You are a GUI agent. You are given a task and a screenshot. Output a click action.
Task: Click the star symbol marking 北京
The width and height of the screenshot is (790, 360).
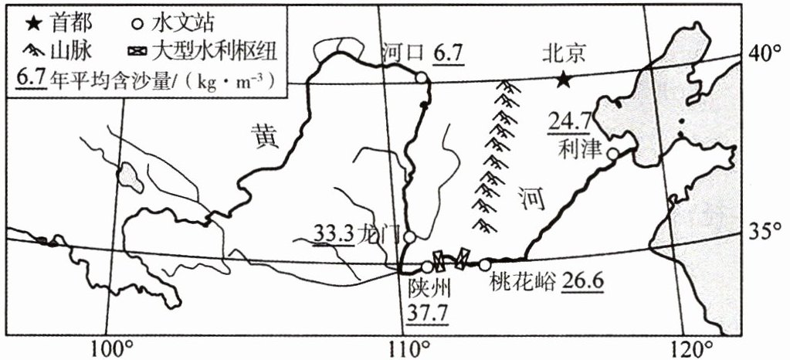click(x=565, y=79)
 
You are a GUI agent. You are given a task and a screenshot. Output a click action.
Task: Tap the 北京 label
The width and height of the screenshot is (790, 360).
click(x=565, y=53)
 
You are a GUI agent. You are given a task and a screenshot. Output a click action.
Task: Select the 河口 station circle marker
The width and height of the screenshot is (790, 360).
click(x=421, y=77)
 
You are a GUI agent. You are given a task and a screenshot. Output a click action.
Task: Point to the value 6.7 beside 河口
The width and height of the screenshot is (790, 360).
click(x=447, y=53)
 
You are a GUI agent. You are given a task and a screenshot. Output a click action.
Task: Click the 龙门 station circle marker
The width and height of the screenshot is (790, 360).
click(x=410, y=236)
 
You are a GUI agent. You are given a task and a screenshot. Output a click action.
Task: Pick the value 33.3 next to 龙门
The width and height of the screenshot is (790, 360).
click(x=332, y=233)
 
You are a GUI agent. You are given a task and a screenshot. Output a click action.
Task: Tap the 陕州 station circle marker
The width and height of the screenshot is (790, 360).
click(x=427, y=267)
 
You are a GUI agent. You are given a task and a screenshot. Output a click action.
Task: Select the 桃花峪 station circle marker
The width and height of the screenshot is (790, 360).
click(x=484, y=265)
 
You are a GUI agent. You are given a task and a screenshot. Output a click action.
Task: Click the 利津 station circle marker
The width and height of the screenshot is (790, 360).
click(x=612, y=154)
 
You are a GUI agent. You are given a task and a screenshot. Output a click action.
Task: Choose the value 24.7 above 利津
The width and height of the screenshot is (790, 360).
click(x=569, y=121)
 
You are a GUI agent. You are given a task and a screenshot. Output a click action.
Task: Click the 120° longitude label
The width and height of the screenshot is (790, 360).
click(x=693, y=345)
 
